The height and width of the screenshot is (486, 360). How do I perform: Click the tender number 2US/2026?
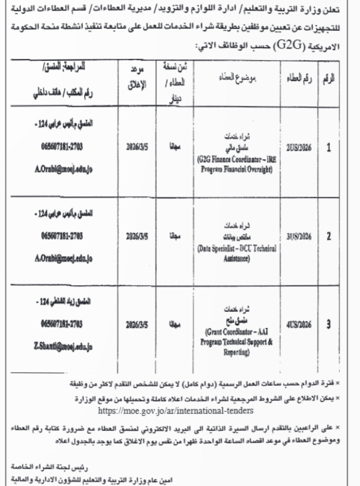click(x=299, y=150)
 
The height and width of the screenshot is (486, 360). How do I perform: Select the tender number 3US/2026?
click(x=299, y=236)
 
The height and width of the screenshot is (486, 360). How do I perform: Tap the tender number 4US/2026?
click(x=299, y=325)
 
